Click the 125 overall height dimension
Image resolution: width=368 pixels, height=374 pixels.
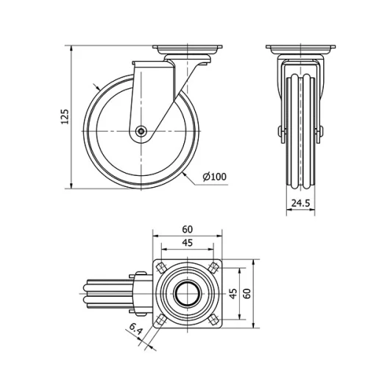pos(64,116)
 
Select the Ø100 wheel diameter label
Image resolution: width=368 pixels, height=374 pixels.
pos(213,176)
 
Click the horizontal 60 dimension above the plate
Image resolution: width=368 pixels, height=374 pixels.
pos(188,229)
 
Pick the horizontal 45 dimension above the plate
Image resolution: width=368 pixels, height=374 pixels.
pos(188,243)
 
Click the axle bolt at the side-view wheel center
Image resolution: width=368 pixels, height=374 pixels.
pos(141,133)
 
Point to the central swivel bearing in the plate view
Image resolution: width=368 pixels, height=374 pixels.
pos(188,293)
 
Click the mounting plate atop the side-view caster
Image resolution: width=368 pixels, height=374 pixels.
pos(188,50)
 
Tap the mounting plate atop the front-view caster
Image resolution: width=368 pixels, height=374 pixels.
pos(300,50)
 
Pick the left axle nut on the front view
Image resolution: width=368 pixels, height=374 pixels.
pos(281,133)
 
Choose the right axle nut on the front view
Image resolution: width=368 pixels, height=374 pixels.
pos(319,133)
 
